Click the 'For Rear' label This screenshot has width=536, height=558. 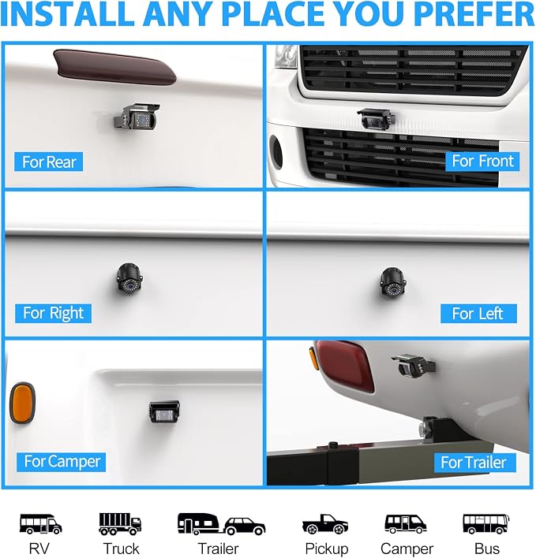pos(49,162)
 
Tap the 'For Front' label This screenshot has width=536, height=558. pos(482,162)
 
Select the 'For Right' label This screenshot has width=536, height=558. pos(53,313)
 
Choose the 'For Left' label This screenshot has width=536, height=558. pos(478,314)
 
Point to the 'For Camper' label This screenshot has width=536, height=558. pos(62,462)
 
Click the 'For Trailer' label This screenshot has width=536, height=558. pos(474,463)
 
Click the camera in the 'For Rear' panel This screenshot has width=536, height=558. pos(137,117)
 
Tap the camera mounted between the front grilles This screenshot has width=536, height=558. pos(376,119)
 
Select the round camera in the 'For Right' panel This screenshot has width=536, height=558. pos(129,279)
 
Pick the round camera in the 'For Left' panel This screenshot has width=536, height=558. pos(393,282)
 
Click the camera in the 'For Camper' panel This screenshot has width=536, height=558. pos(163,411)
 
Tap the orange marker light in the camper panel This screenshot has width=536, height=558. pos(22,403)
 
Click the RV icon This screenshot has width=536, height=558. pos(40,524)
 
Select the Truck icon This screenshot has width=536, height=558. pos(120,524)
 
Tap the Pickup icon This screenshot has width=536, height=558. pos(325,524)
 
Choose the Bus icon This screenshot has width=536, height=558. pos(486,524)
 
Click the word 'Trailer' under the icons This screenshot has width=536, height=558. pos(218,549)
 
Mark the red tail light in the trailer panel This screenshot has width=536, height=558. pos(344,366)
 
